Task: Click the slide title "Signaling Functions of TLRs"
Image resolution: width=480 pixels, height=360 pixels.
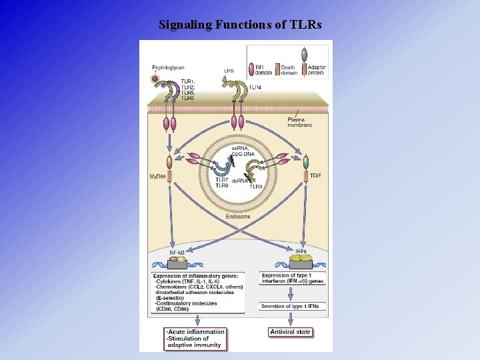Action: click(x=240, y=25)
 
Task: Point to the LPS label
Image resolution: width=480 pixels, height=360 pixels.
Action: click(x=229, y=71)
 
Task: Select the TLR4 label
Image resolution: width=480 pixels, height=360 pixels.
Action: click(x=255, y=87)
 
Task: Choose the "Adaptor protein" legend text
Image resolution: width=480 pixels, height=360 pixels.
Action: click(x=315, y=69)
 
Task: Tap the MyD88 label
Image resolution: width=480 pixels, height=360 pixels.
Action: click(x=158, y=176)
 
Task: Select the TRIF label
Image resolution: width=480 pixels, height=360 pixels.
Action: click(x=316, y=175)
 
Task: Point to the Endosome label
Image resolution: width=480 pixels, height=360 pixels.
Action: click(x=238, y=217)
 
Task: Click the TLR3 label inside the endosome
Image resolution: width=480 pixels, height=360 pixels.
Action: click(x=255, y=187)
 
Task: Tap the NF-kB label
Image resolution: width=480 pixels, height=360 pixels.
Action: click(x=177, y=253)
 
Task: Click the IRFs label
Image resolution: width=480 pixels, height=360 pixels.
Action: click(x=301, y=251)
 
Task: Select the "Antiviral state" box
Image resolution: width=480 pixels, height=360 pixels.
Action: click(x=291, y=332)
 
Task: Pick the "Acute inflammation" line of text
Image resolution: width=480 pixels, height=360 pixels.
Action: click(x=197, y=331)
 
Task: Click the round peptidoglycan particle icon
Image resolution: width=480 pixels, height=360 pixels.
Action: click(x=155, y=79)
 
